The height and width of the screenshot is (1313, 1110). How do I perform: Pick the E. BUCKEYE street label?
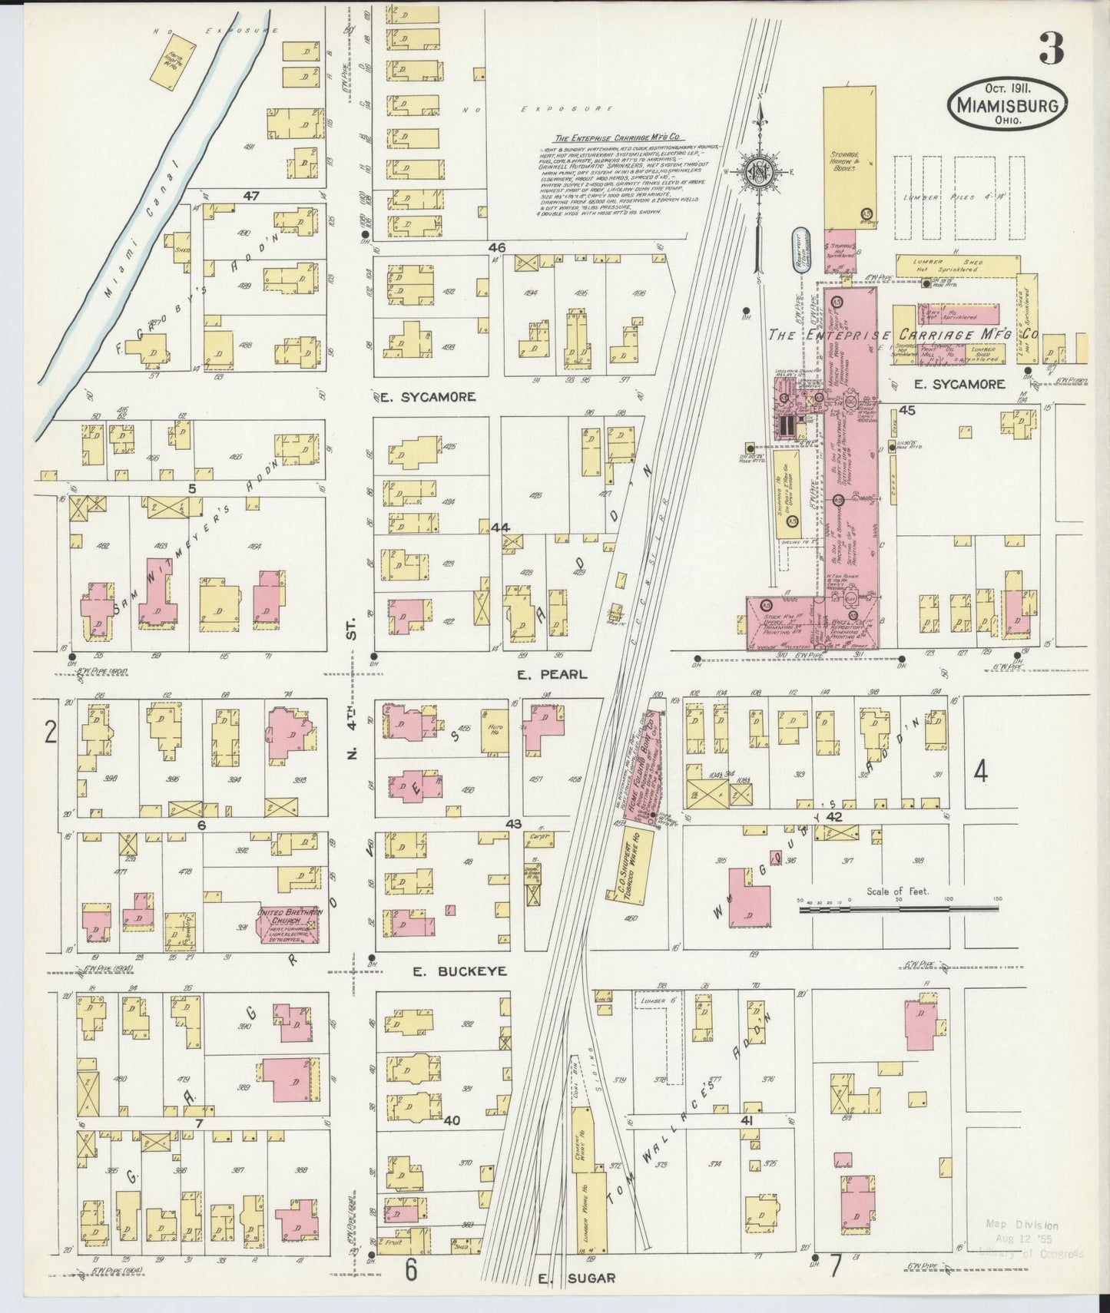(x=459, y=971)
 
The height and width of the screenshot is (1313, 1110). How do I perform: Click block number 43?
(x=512, y=824)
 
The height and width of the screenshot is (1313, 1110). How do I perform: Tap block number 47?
(x=250, y=197)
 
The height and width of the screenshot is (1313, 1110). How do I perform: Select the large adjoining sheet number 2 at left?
(x=50, y=734)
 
